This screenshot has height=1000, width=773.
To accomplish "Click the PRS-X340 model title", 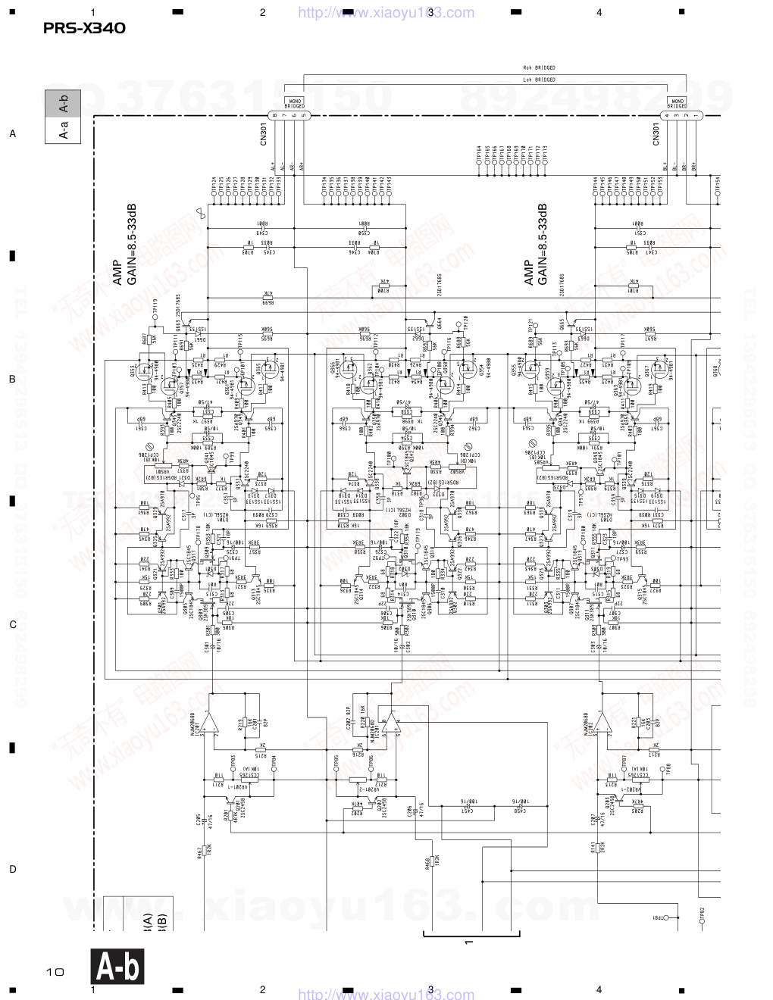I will pyautogui.click(x=84, y=29).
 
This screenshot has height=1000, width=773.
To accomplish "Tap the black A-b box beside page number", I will pyautogui.click(x=117, y=967).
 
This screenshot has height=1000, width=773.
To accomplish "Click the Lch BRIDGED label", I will pyautogui.click(x=539, y=79).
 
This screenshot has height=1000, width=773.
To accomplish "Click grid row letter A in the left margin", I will pyautogui.click(x=12, y=134).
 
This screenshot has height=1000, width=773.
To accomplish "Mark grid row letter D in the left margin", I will pyautogui.click(x=12, y=870).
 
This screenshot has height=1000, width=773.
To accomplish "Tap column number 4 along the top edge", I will pyautogui.click(x=599, y=13).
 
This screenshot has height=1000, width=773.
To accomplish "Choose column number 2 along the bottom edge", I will pyautogui.click(x=262, y=989).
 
